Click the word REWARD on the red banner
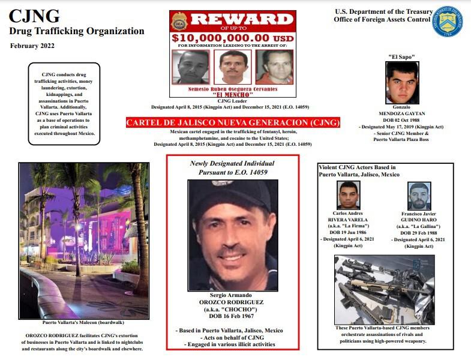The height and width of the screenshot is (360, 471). click(x=241, y=20)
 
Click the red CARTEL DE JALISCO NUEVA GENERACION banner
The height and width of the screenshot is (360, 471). click(x=233, y=122)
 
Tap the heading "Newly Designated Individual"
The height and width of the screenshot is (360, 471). click(x=232, y=163)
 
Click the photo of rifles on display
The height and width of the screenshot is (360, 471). click(x=385, y=290)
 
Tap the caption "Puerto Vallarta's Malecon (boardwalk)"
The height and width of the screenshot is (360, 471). click(x=84, y=322)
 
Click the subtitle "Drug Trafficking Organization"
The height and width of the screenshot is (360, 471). click(x=77, y=31)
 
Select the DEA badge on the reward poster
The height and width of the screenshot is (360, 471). click(x=179, y=22)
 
